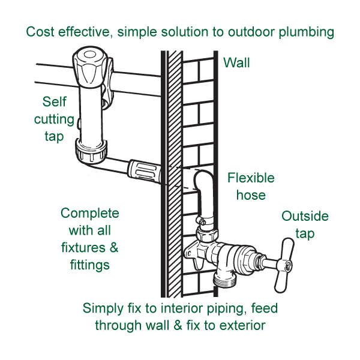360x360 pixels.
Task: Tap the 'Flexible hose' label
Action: pyautogui.click(x=251, y=186)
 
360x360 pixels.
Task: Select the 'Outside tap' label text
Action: pyautogui.click(x=305, y=224)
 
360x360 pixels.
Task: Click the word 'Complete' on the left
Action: pyautogui.click(x=90, y=214)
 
